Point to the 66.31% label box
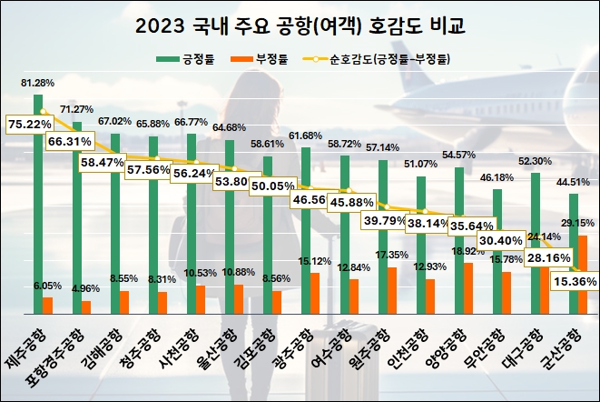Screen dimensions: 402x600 pyautogui.click(x=70, y=142)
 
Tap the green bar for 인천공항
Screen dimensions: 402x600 pyautogui.click(x=420, y=236)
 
